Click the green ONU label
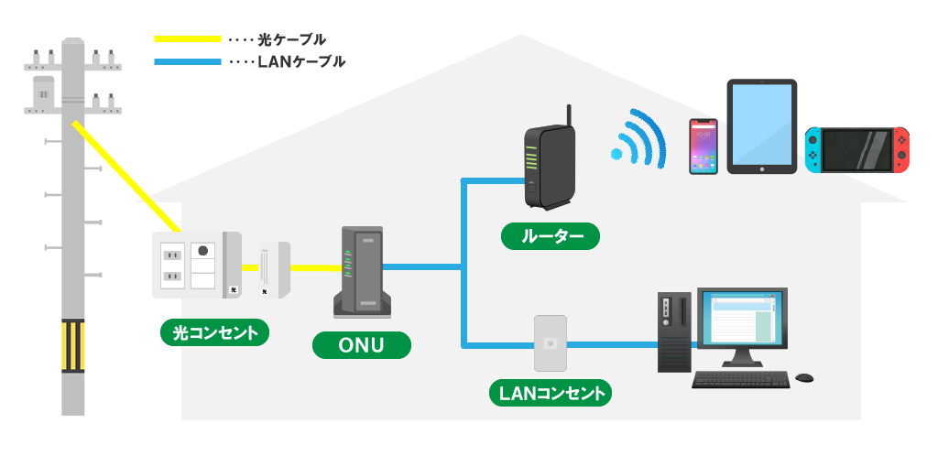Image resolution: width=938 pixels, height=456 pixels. [x=362, y=344]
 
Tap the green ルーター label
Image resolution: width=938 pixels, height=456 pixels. [x=551, y=236]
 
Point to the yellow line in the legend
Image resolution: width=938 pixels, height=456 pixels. [x=188, y=39]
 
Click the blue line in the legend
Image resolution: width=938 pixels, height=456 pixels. [x=188, y=62]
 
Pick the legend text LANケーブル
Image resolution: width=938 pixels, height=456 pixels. [x=301, y=62]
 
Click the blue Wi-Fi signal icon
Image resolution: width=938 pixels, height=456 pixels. [x=638, y=140]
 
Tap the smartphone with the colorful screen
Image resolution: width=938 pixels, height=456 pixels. [x=703, y=146]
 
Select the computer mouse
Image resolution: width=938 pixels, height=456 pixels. [x=804, y=377]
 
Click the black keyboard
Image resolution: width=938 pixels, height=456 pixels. [x=740, y=379]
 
